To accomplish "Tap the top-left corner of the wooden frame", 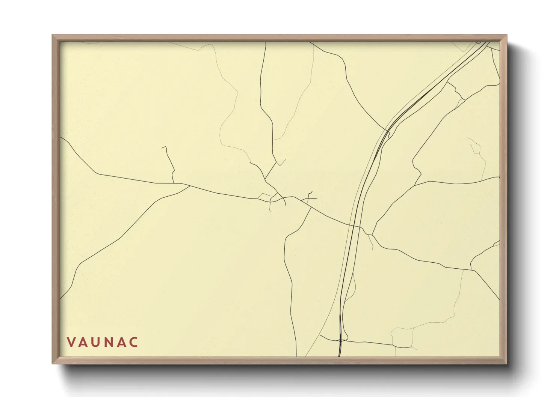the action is [x=53, y=36].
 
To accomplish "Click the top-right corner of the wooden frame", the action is [x=506, y=36].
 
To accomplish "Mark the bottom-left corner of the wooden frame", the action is [x=53, y=363].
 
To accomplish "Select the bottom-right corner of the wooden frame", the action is [x=506, y=363].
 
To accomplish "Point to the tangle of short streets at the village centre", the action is [x=276, y=198].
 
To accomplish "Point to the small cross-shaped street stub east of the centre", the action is [x=310, y=197].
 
